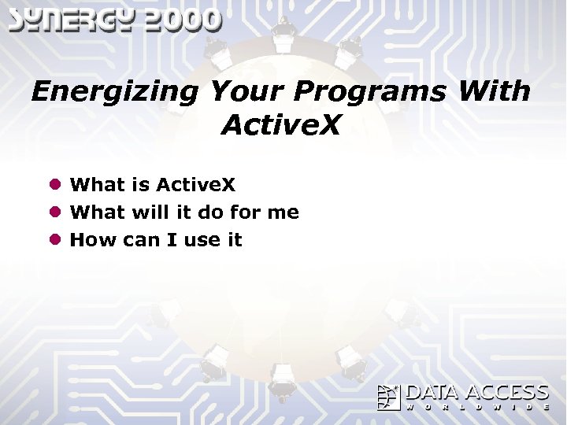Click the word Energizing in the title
(115, 92)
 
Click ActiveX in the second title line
(281, 125)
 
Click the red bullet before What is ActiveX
(56, 185)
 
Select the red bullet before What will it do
(56, 213)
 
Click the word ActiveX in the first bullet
(196, 185)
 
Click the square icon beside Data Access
(389, 397)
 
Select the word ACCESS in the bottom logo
(507, 393)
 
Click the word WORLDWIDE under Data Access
(477, 407)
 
